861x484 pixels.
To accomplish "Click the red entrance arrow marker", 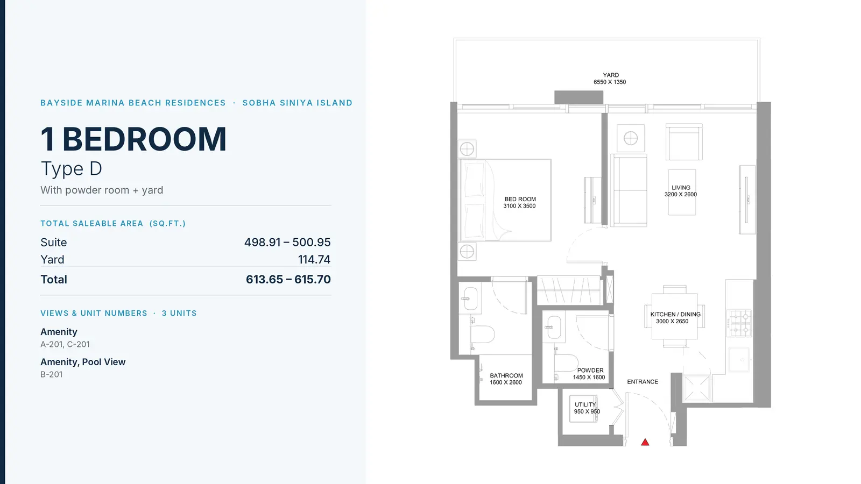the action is coord(645,443).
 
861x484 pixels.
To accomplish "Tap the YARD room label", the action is coord(611,75).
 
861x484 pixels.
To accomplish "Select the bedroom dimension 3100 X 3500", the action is coord(519,206).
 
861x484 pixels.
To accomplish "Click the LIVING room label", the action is coord(681,188).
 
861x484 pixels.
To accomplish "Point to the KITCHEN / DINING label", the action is coord(675,314).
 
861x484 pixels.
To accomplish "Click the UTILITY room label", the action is coord(585,404).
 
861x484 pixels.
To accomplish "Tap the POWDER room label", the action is coord(590,371).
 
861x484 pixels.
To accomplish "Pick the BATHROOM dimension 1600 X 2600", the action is coord(506,382).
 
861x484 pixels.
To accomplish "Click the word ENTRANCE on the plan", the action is coord(643,382).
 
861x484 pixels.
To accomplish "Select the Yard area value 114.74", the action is coord(314,260).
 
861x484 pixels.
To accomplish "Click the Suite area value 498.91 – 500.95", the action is coord(287,243).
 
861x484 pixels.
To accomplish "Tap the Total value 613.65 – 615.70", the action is coord(288,279).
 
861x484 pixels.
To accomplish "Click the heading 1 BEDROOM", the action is coord(133,139).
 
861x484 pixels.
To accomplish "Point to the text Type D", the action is coord(72,169).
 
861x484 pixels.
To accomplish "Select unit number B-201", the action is coord(52,374).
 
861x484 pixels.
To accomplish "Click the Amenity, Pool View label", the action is coord(83,362).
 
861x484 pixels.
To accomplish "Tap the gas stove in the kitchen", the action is coord(739,323).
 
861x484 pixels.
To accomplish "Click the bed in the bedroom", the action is coord(506,200).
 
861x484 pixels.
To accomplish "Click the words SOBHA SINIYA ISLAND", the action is coord(298,103).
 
